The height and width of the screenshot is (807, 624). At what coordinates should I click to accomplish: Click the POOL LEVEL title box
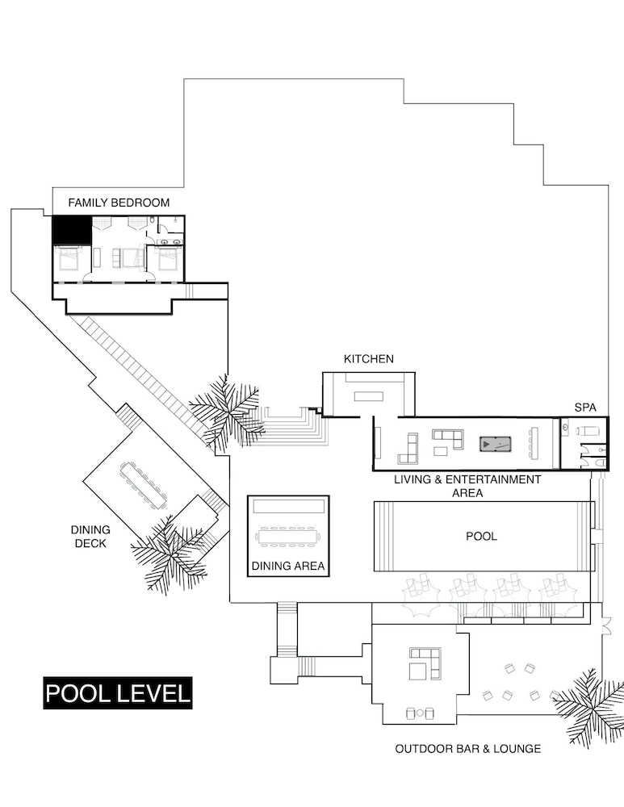[117, 692]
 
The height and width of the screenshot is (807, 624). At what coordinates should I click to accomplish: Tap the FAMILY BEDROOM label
[119, 203]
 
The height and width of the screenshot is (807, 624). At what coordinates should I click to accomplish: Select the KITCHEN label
[369, 359]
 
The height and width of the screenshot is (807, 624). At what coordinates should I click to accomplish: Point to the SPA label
[585, 408]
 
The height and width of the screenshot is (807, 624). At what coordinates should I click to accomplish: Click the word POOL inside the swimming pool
[481, 537]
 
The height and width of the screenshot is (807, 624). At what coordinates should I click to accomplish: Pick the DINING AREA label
[288, 567]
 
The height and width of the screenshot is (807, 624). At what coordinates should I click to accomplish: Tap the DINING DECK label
[90, 537]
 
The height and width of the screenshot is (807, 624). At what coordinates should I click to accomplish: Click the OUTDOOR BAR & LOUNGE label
[468, 749]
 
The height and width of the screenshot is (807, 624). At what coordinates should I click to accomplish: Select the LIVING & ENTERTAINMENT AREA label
[467, 487]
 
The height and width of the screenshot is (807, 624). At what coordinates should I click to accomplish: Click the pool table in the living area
[496, 444]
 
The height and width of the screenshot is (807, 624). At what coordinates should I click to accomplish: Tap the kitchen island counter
[369, 396]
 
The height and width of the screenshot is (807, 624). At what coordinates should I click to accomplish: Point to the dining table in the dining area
[288, 537]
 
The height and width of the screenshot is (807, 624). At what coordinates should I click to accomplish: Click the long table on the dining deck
[144, 484]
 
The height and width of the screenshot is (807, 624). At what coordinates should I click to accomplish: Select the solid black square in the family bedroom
[72, 230]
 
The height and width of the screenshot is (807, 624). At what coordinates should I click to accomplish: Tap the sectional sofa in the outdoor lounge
[425, 663]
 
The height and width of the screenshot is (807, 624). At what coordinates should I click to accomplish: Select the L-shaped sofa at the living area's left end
[408, 449]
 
